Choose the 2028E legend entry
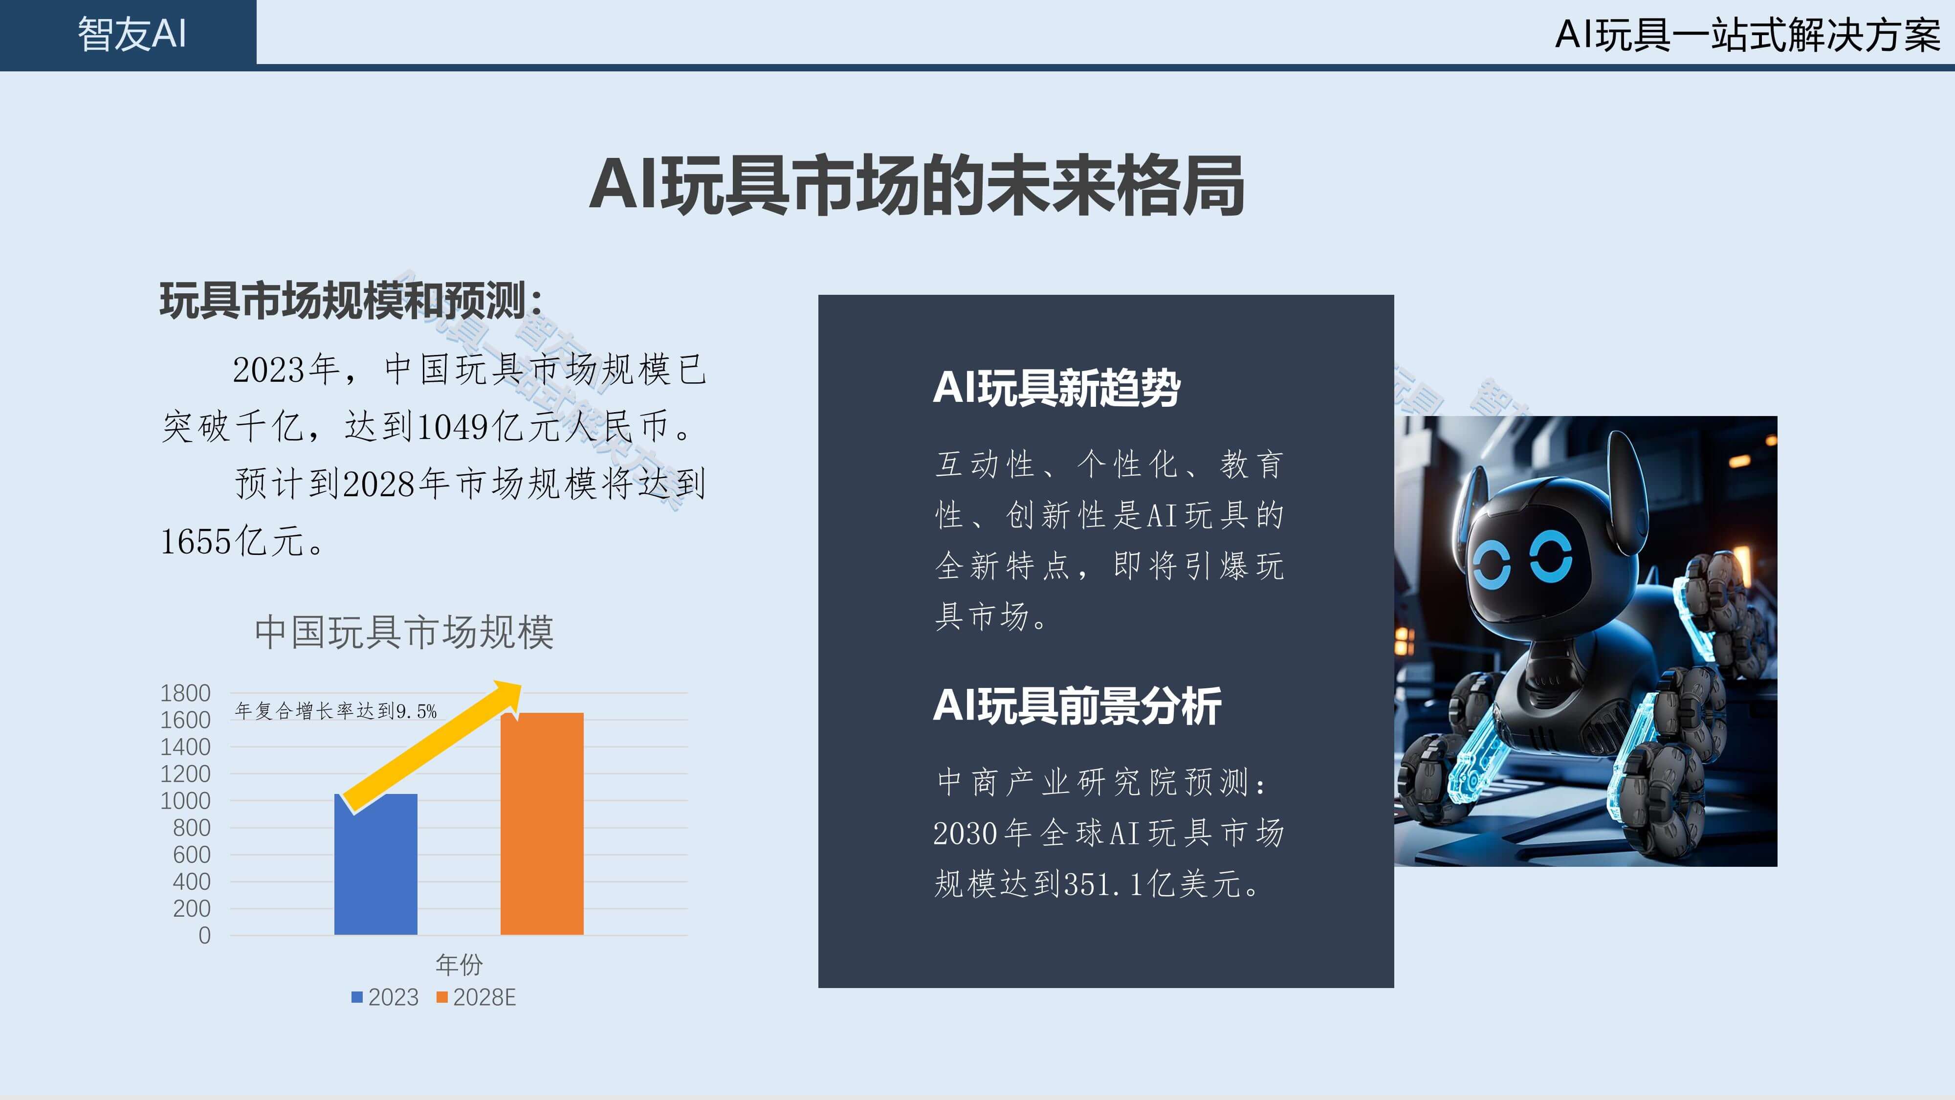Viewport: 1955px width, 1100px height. tap(476, 997)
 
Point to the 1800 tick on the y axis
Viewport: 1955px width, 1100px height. tap(185, 693)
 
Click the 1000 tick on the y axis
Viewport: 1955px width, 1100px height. tap(185, 801)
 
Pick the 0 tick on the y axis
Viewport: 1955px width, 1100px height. tap(204, 935)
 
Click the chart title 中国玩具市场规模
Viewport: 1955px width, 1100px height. tap(404, 632)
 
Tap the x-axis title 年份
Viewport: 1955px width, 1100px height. tap(459, 965)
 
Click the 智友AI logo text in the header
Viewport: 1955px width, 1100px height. tap(132, 34)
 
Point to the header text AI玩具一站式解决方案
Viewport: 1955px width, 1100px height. tap(1748, 35)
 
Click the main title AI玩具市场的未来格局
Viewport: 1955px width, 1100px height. tap(916, 184)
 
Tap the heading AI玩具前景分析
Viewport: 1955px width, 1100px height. tap(1077, 706)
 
